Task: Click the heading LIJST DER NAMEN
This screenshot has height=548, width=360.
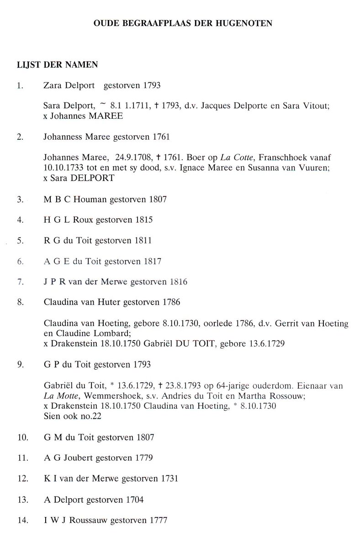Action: click(x=57, y=65)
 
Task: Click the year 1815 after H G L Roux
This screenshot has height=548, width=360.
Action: click(x=144, y=220)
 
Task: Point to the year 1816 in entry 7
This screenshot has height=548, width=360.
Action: click(x=177, y=282)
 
